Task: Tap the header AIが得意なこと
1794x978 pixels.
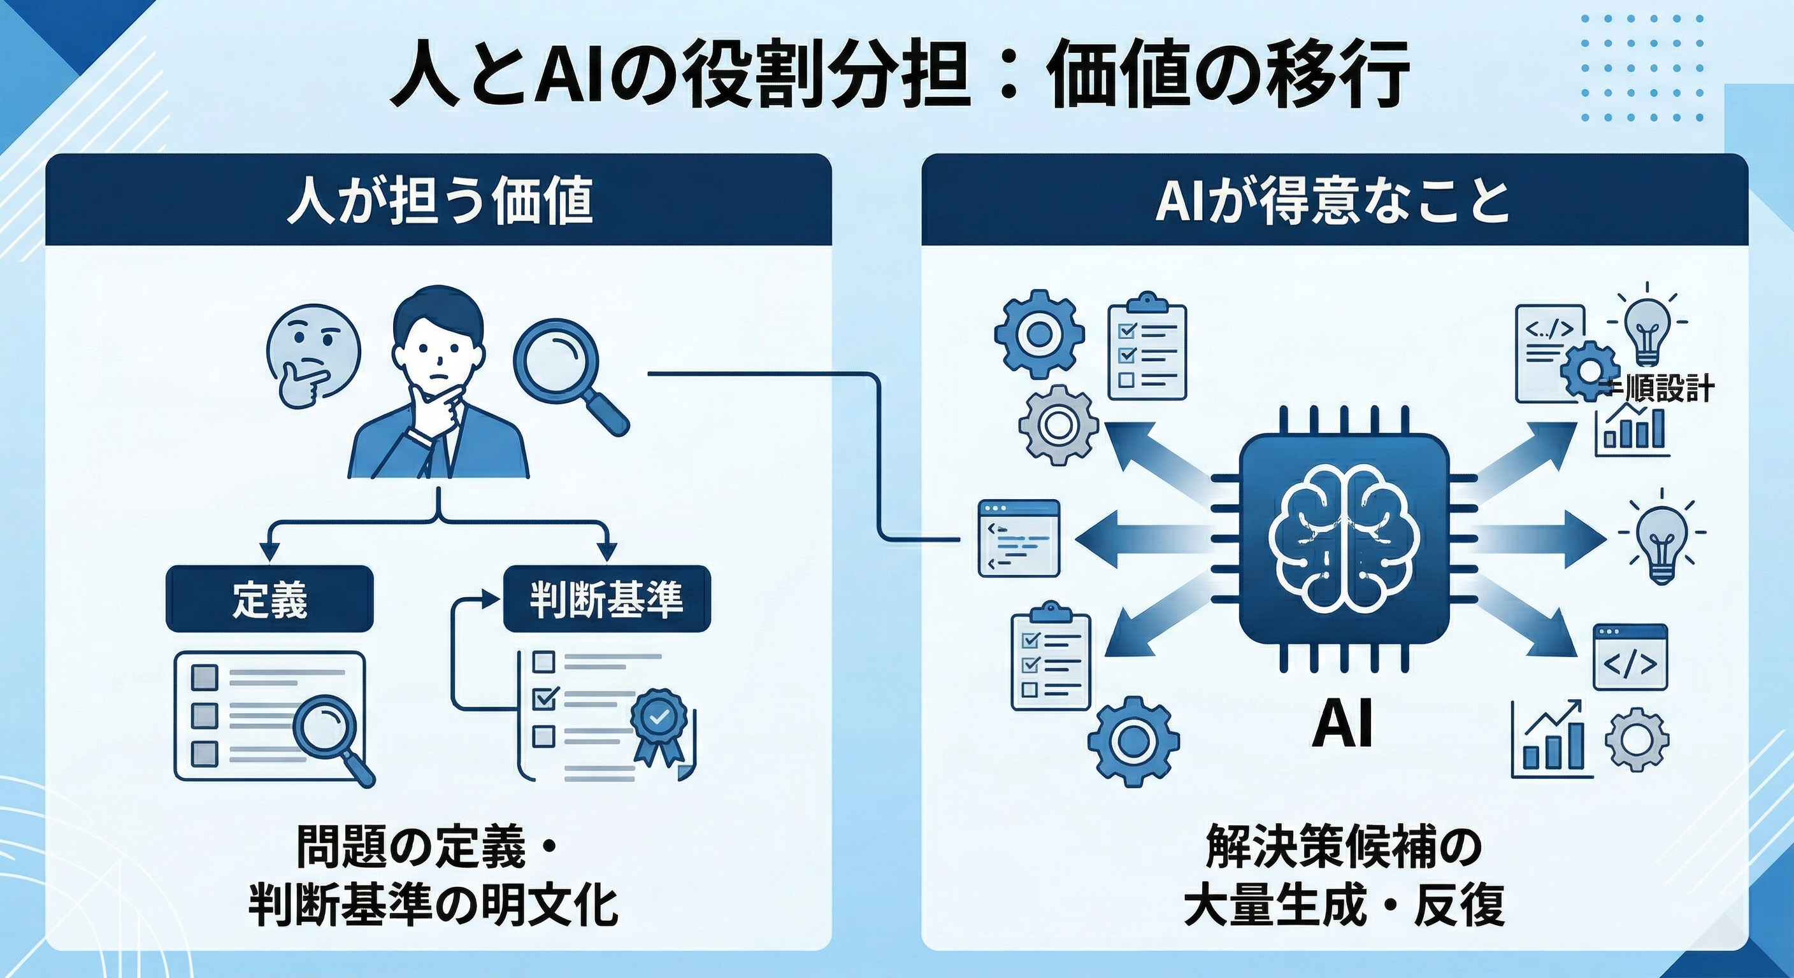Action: (1331, 201)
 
